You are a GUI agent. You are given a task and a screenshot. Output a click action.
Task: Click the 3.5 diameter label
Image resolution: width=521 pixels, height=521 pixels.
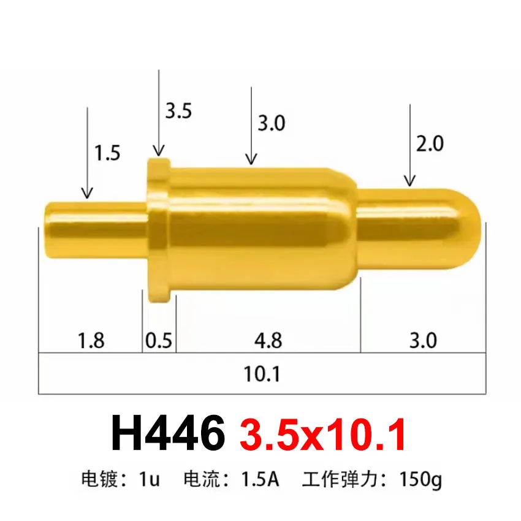[x=178, y=111]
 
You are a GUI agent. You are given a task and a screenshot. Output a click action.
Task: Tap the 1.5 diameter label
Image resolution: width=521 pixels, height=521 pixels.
[x=107, y=153]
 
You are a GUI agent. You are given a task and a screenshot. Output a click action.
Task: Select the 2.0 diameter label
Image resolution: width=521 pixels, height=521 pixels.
[x=430, y=143]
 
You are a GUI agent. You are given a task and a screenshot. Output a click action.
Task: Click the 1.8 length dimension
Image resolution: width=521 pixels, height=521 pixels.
[x=91, y=340]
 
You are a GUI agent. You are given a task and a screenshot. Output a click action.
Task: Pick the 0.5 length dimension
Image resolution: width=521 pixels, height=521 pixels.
[x=159, y=340]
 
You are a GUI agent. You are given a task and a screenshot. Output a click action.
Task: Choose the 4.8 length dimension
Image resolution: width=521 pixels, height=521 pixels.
[x=268, y=340]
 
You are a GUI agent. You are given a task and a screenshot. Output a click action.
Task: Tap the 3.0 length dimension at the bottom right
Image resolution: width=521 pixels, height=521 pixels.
[x=422, y=340]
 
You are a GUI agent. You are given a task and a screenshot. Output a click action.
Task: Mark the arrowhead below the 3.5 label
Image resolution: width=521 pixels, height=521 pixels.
[x=159, y=151]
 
